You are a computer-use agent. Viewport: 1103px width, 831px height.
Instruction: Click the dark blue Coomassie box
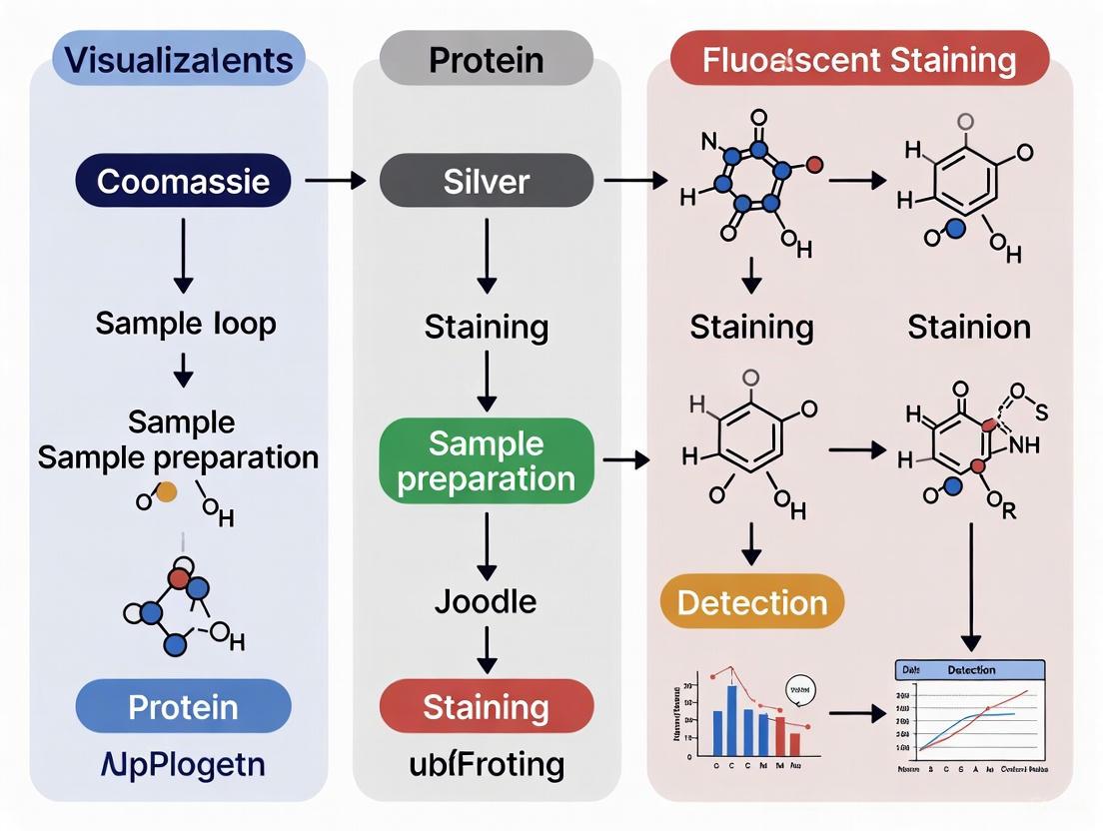(184, 181)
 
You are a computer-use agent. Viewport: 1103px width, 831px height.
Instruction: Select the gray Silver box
(487, 181)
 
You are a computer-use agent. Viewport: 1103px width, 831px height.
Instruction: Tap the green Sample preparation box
(487, 460)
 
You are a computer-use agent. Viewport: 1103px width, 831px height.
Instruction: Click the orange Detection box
(752, 601)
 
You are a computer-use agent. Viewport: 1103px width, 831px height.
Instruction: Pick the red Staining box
(487, 707)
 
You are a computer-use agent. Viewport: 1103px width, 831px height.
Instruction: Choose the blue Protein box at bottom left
(184, 707)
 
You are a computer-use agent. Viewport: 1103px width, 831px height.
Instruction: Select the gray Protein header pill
(486, 59)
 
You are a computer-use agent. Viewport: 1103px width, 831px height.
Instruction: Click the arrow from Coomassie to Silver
(336, 181)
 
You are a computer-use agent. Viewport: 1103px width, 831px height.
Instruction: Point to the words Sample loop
(186, 324)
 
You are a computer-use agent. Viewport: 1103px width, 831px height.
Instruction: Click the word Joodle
(486, 601)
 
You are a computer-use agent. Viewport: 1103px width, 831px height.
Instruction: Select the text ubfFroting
(487, 765)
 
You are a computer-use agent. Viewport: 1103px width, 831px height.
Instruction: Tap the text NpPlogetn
(183, 765)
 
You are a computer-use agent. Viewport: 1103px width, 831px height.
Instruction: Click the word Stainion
(969, 327)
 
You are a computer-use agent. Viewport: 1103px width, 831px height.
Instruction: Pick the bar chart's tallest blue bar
(731, 720)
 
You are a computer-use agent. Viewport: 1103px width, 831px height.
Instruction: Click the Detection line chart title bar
(967, 670)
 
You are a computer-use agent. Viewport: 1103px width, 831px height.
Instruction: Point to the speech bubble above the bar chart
(801, 688)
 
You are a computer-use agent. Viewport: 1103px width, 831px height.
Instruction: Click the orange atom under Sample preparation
(168, 490)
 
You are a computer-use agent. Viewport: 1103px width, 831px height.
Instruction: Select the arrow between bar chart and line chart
(857, 713)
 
